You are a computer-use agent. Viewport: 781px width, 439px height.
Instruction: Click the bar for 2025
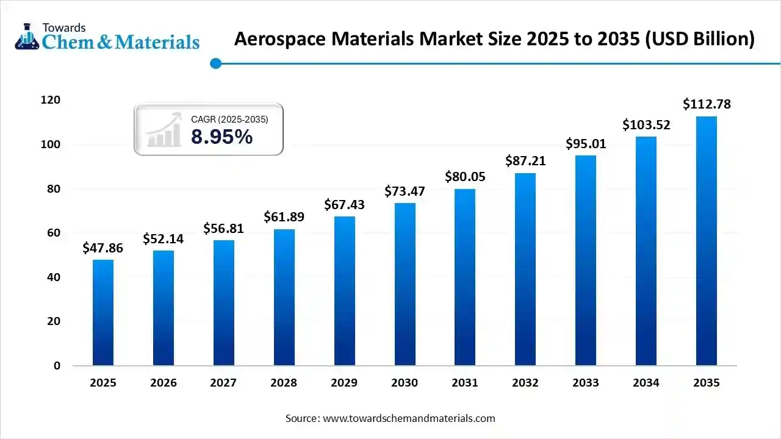coord(103,313)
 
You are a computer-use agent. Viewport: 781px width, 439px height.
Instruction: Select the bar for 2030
coord(405,284)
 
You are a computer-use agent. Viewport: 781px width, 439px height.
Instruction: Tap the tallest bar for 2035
coord(707,241)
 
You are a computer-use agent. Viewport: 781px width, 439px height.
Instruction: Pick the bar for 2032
coord(525,269)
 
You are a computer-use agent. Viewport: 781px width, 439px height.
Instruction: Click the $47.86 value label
coord(103,248)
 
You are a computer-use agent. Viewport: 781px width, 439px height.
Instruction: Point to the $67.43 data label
coord(344,205)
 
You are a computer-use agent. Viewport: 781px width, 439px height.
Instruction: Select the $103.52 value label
coord(646,125)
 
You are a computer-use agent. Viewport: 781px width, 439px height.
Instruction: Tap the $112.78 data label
coord(707,104)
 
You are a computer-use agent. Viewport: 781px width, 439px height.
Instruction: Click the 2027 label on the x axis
coord(223,383)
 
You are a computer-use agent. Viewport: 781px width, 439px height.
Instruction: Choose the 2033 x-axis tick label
coord(586,383)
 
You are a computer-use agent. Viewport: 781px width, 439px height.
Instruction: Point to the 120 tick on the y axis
coord(51,100)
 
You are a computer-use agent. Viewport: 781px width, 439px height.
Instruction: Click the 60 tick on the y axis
coord(54,233)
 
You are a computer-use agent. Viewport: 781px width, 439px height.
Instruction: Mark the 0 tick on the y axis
coord(57,366)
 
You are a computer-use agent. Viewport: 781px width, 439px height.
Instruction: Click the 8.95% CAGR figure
coord(221,137)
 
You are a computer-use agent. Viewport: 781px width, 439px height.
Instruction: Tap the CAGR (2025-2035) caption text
coord(229,120)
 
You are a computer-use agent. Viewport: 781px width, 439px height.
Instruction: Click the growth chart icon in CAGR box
coord(164,130)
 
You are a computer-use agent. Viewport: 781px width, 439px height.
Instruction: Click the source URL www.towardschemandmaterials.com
coord(408,418)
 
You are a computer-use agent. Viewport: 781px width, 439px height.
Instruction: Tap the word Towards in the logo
coord(63,27)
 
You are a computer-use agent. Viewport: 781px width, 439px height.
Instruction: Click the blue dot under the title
coord(215,63)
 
